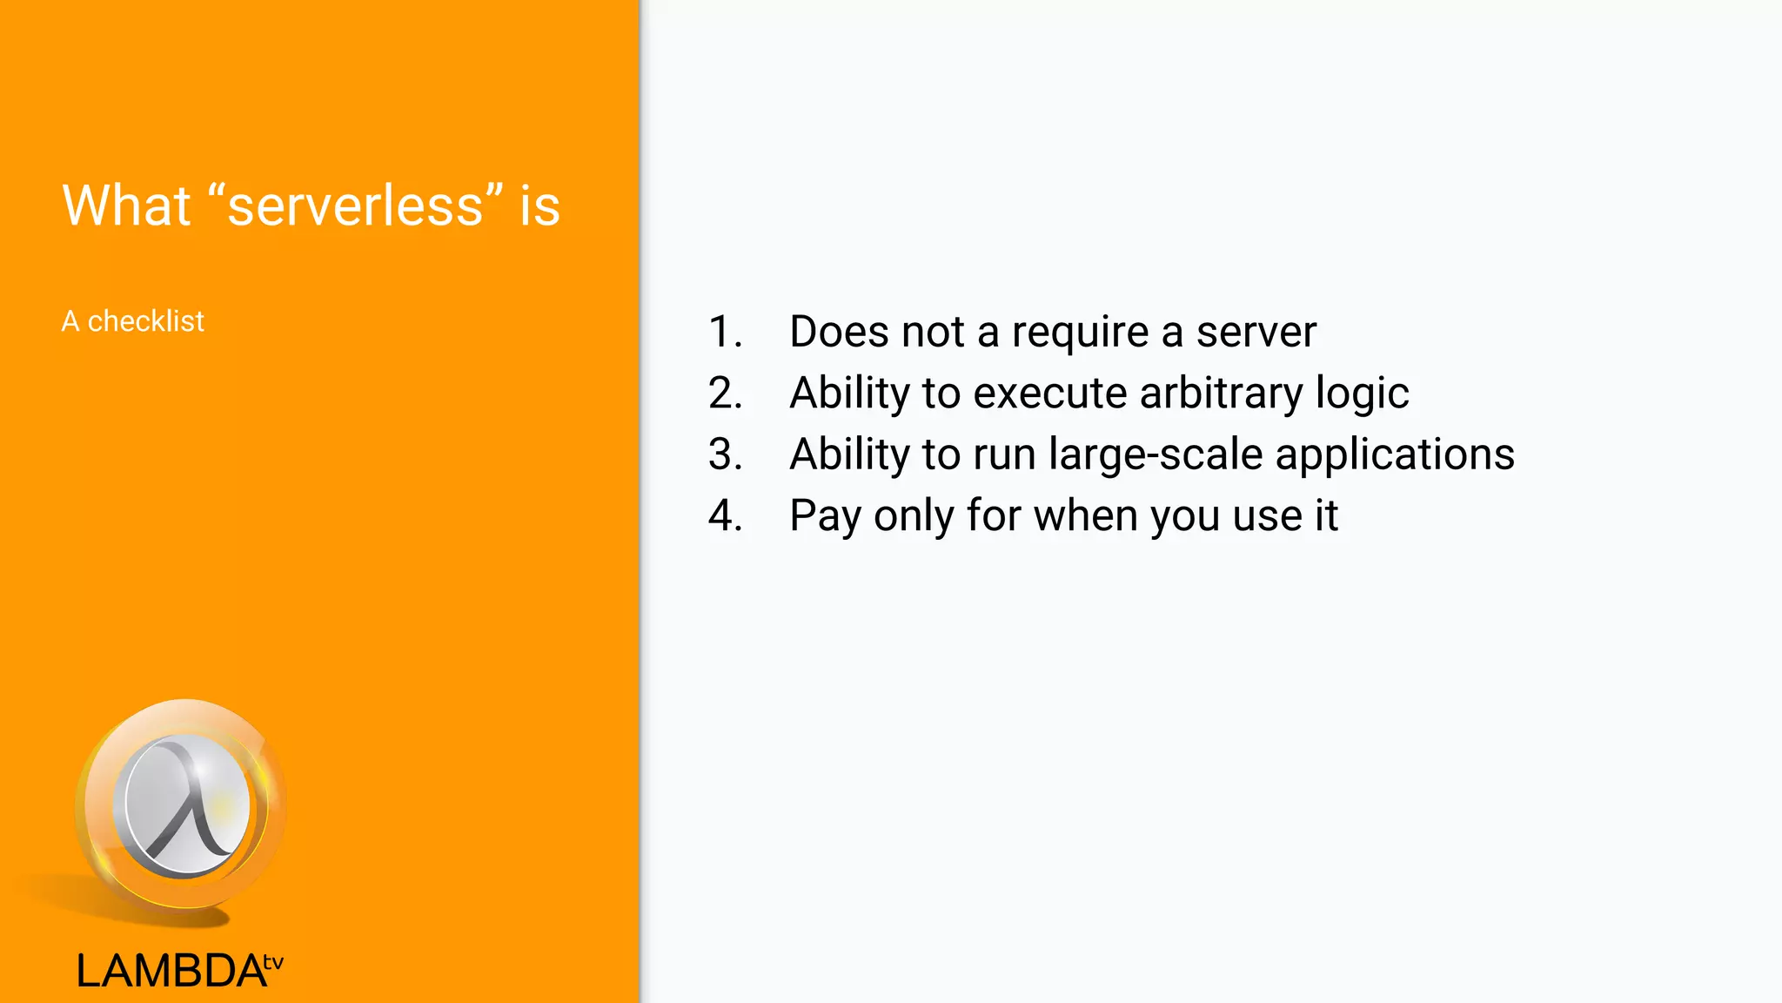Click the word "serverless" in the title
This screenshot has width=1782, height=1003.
point(355,206)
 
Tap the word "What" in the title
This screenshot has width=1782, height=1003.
point(126,206)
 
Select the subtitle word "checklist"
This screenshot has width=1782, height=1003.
point(146,321)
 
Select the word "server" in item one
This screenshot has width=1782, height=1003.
point(1256,332)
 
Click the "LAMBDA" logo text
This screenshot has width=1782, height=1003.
point(171,971)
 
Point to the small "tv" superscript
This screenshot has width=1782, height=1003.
point(273,962)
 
